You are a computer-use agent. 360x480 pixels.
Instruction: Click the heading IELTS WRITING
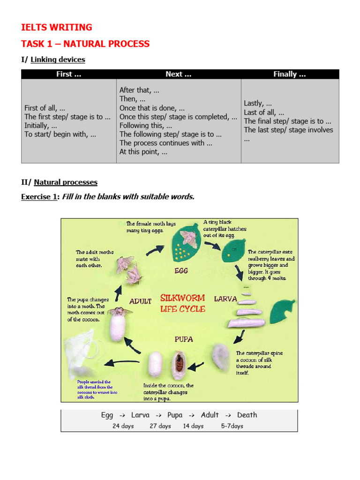click(x=57, y=27)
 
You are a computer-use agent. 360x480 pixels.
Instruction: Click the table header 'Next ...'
click(x=178, y=74)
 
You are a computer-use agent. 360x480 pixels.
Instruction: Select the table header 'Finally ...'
click(x=289, y=74)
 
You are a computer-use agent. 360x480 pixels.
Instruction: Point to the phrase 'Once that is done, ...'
click(x=152, y=108)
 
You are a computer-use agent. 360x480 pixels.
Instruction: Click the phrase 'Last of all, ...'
click(x=264, y=112)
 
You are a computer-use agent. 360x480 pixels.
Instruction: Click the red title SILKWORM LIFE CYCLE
click(x=182, y=303)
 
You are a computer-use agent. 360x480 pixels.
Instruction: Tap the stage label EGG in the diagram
click(x=181, y=270)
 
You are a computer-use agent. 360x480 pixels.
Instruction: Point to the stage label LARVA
click(x=225, y=299)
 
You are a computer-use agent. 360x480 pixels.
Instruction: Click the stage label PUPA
click(x=184, y=339)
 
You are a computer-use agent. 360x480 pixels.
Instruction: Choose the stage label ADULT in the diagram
click(x=140, y=301)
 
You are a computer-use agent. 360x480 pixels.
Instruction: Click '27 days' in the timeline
click(x=160, y=426)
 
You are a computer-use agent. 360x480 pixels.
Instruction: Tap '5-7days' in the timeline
click(x=232, y=426)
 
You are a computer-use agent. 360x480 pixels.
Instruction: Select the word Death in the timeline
click(x=247, y=415)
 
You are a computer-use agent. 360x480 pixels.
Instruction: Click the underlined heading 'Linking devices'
click(x=58, y=60)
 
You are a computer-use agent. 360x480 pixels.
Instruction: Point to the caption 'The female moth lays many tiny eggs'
click(x=145, y=227)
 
